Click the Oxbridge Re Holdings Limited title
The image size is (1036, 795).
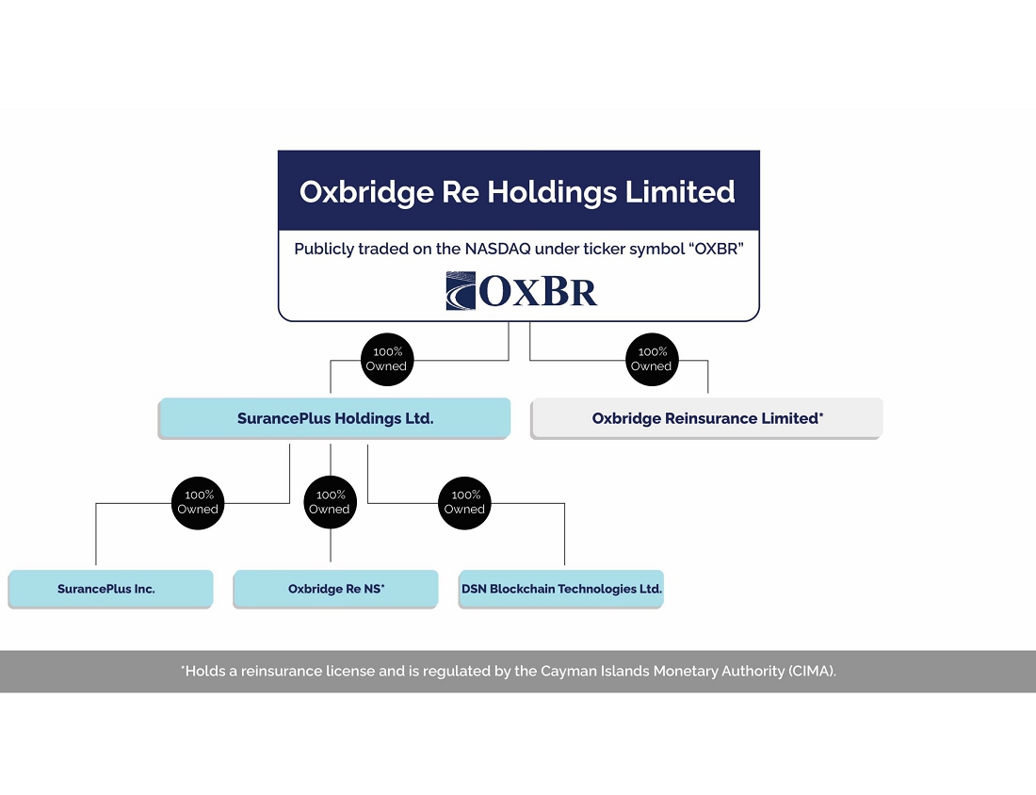[517, 191]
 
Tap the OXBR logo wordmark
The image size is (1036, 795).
[538, 291]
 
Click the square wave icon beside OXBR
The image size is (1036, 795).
[461, 291]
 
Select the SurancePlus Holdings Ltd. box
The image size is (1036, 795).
[334, 418]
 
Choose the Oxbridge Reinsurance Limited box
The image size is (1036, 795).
[706, 418]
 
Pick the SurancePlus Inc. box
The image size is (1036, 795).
[110, 589]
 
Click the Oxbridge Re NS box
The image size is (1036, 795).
[335, 589]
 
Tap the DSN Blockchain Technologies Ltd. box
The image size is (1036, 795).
[561, 589]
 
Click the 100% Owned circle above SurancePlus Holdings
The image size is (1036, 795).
[387, 359]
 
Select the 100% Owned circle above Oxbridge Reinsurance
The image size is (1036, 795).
[652, 359]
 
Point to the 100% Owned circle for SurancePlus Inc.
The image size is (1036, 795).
[198, 502]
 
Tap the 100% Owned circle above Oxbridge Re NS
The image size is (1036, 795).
[331, 502]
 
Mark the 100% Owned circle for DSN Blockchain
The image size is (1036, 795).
[465, 502]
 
